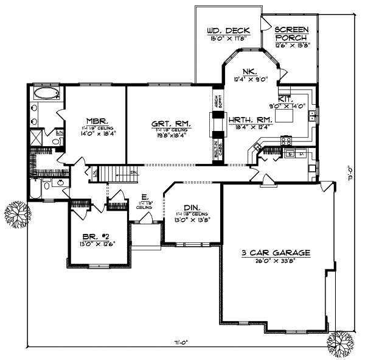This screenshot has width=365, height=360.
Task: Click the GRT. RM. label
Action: (x=170, y=124)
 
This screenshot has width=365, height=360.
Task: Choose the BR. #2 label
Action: (x=97, y=236)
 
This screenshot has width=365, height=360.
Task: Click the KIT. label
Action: (x=286, y=98)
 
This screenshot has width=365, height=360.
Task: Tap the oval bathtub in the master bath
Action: (x=46, y=94)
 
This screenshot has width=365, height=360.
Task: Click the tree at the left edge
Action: (x=16, y=214)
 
